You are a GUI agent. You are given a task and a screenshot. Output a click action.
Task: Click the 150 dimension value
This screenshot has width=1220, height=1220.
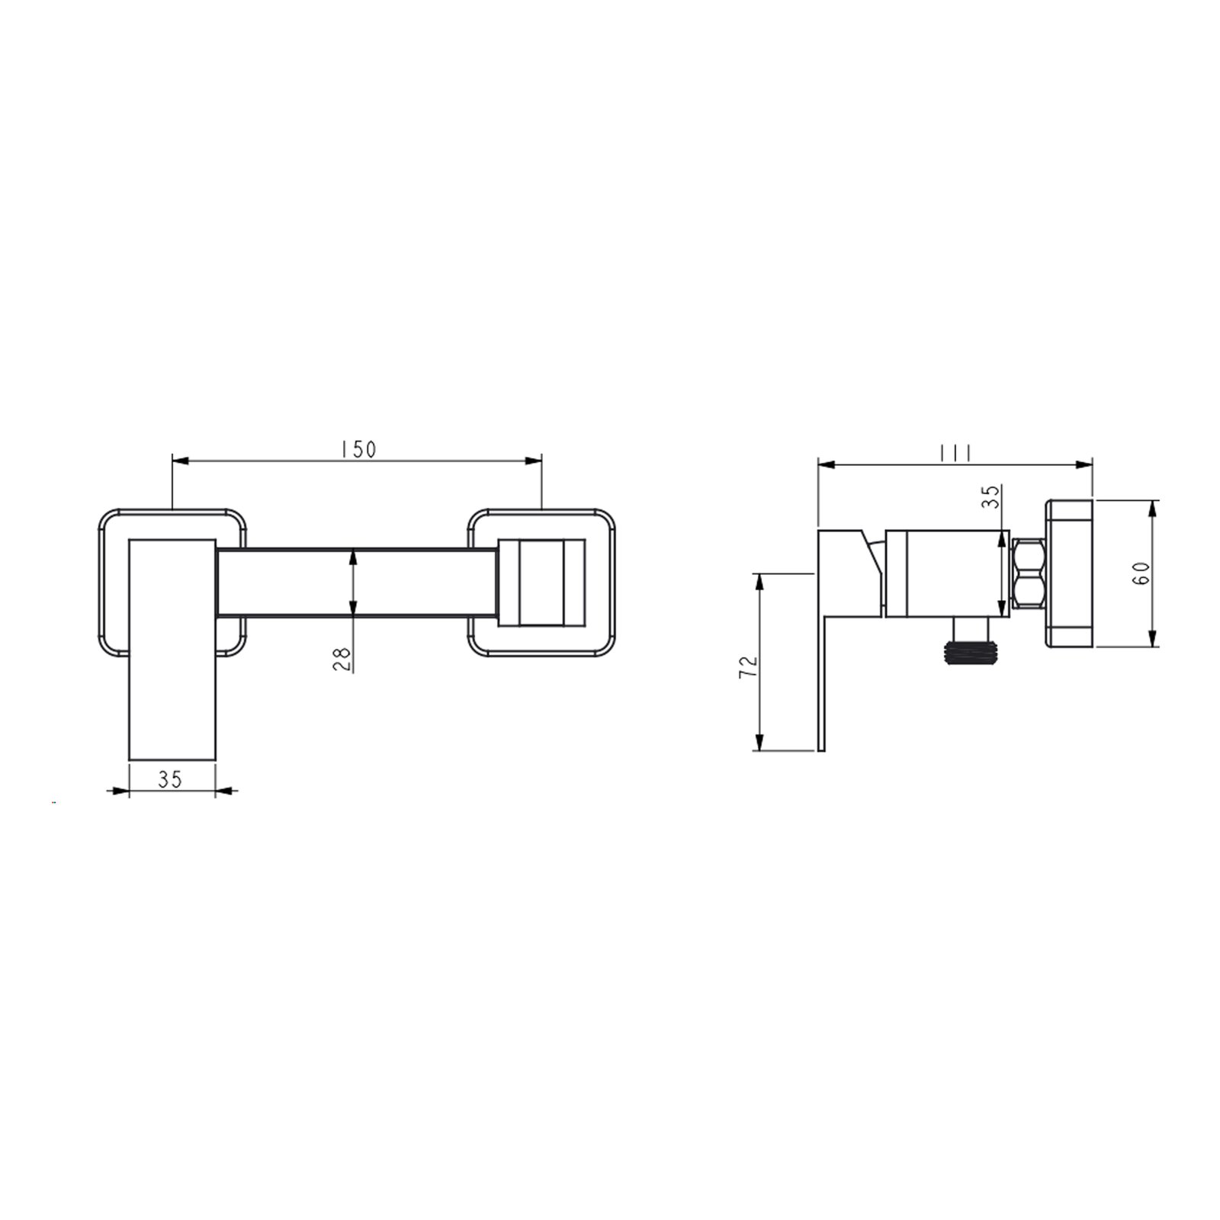coord(359,449)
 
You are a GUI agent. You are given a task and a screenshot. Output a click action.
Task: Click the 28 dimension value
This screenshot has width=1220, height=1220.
coord(342,658)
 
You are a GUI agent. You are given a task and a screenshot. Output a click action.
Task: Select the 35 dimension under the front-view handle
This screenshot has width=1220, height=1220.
coord(170,779)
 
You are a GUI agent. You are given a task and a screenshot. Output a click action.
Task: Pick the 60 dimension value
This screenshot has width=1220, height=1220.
coord(1141,573)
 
